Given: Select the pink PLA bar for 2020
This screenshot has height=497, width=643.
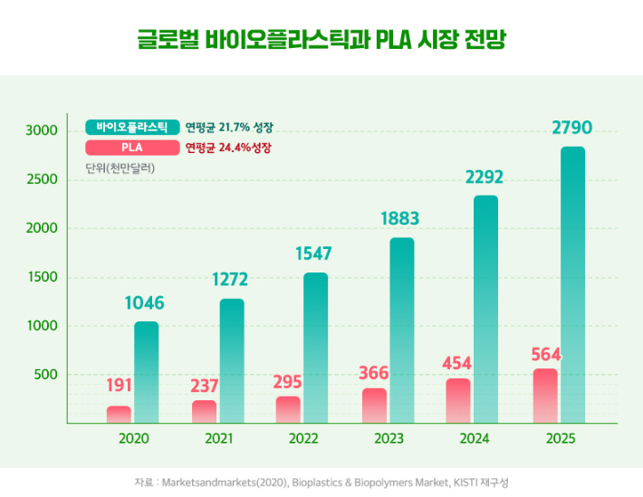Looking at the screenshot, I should pyautogui.click(x=119, y=415).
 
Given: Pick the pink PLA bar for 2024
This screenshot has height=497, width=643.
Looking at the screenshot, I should pyautogui.click(x=459, y=400).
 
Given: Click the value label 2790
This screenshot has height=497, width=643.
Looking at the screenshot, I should pyautogui.click(x=572, y=129).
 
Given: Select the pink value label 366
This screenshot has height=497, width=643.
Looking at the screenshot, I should pyautogui.click(x=374, y=371).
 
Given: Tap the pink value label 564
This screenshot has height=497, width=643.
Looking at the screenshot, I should pyautogui.click(x=543, y=351).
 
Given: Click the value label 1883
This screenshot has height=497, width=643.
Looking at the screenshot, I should pyautogui.click(x=401, y=219).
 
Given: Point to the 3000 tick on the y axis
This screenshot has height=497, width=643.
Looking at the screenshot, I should pyautogui.click(x=42, y=130).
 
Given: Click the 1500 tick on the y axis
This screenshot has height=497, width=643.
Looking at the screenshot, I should pyautogui.click(x=42, y=277).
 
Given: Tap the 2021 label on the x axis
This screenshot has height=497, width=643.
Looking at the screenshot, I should pyautogui.click(x=219, y=438).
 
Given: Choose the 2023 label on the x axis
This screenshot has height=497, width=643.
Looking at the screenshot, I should pyautogui.click(x=389, y=438).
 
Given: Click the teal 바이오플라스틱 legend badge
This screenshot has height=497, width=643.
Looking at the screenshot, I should pyautogui.click(x=132, y=127).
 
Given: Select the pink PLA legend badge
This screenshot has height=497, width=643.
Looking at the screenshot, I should pyautogui.click(x=132, y=148).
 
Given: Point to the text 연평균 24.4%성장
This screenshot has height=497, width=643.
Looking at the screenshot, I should pyautogui.click(x=228, y=148).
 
